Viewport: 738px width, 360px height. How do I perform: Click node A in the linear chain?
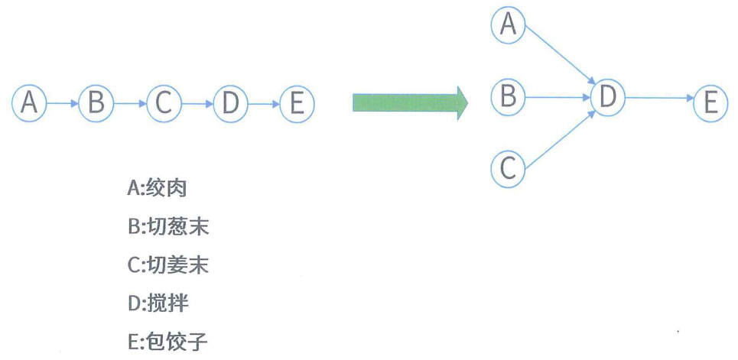[x=30, y=102]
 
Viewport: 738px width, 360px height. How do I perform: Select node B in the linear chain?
[x=96, y=102]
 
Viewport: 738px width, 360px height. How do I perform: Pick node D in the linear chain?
[x=230, y=102]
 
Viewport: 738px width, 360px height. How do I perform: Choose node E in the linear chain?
[x=297, y=102]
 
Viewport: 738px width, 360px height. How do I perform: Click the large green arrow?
[x=409, y=102]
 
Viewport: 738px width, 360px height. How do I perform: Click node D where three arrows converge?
[x=607, y=97]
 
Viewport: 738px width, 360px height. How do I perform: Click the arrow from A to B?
[x=63, y=102]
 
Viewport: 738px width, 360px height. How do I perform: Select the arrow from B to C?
[x=130, y=102]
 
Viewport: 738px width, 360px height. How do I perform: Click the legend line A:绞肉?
[x=158, y=187]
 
